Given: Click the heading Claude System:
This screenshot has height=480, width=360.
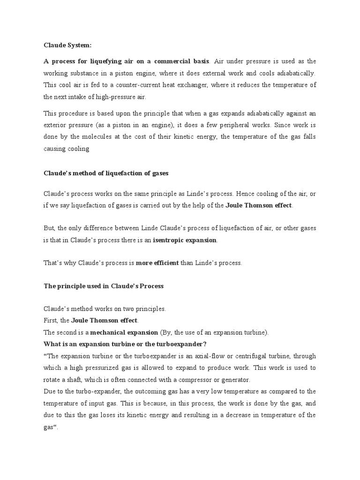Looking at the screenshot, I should click(67, 45).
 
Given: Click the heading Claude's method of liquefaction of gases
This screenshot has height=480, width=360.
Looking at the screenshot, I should click(105, 173).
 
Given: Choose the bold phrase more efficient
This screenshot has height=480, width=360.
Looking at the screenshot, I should click(157, 263).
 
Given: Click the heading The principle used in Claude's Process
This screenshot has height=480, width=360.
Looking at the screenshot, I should click(104, 285).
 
